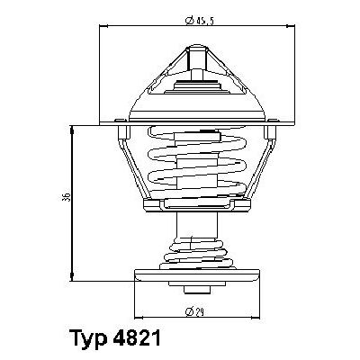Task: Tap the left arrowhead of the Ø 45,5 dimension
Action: tap(101, 27)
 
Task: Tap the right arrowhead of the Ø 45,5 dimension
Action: tap(292, 27)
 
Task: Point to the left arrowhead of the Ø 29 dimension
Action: tap(137, 317)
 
